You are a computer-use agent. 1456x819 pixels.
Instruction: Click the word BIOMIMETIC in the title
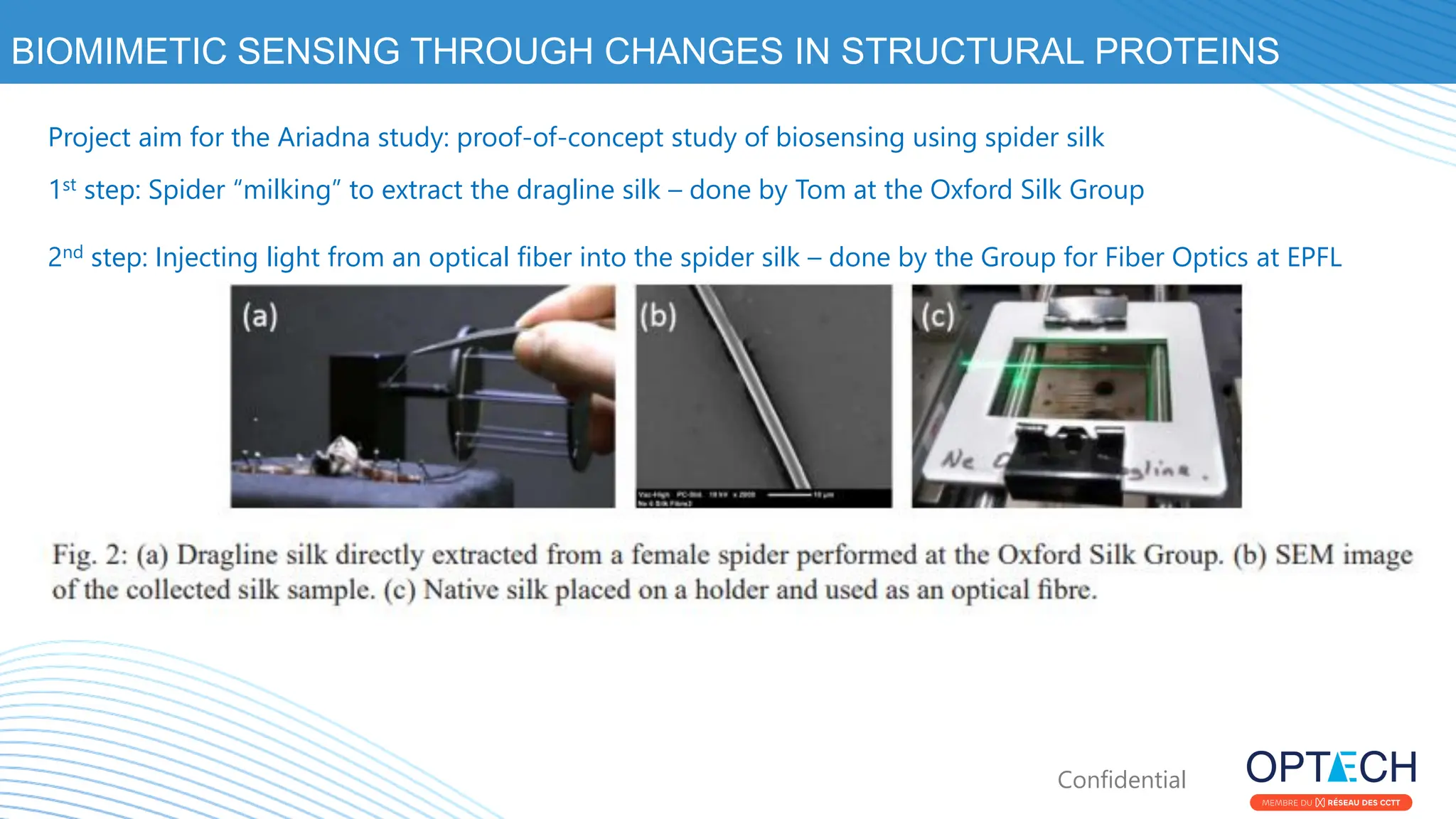(117, 51)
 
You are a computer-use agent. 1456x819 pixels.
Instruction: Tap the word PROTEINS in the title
(1187, 51)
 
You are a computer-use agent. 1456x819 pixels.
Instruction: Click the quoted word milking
(287, 190)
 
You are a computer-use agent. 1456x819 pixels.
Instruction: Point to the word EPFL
(1314, 257)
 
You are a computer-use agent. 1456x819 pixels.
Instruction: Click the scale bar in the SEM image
(789, 494)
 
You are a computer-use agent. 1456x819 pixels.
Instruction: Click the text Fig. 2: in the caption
(90, 555)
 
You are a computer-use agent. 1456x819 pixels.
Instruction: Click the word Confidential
(1121, 780)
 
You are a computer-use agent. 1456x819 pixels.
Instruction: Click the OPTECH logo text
(1331, 768)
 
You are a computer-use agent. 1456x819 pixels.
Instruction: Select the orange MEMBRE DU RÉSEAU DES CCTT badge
(1331, 803)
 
